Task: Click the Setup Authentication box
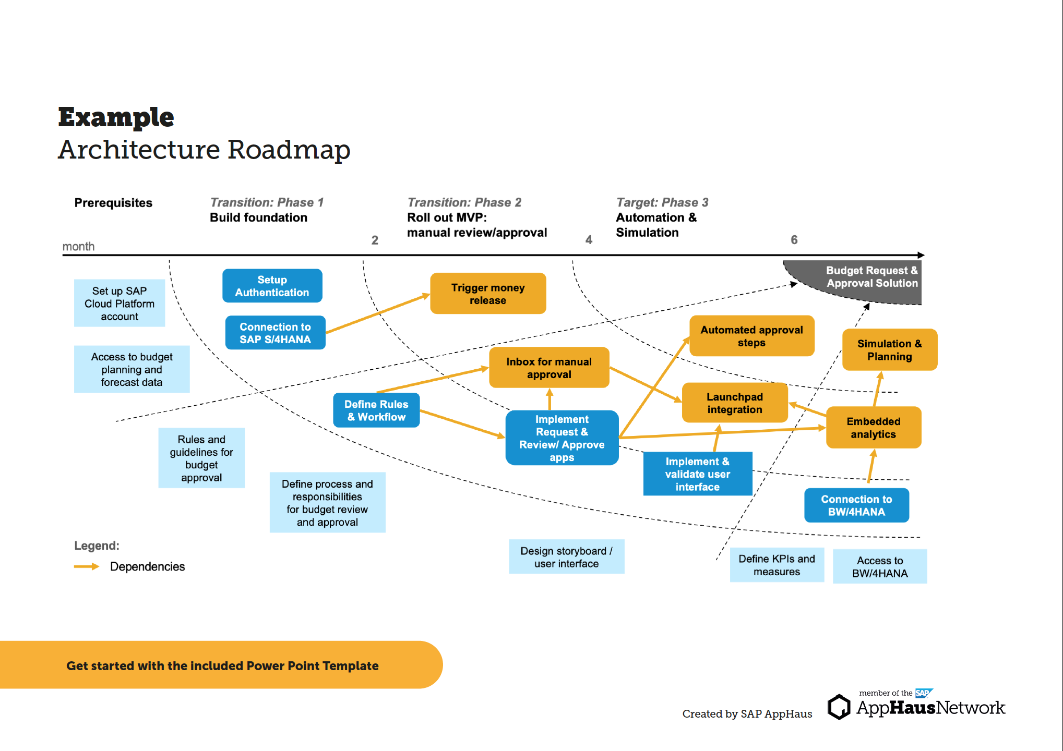272,286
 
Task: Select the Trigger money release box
487,294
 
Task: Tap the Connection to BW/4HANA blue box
856,505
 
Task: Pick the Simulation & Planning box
889,350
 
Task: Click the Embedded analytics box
873,428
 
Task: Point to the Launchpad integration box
734,403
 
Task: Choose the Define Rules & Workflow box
376,410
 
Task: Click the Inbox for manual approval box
548,368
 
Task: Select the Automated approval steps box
751,336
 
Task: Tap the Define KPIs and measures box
777,565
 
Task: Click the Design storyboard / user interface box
566,557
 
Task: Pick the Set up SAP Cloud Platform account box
120,304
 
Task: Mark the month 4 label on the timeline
589,240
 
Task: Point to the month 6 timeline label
794,240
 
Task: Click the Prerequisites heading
113,203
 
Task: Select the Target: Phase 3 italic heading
662,202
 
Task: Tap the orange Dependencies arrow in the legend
86,566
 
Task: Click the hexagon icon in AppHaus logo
839,707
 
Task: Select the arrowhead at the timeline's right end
921,255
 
